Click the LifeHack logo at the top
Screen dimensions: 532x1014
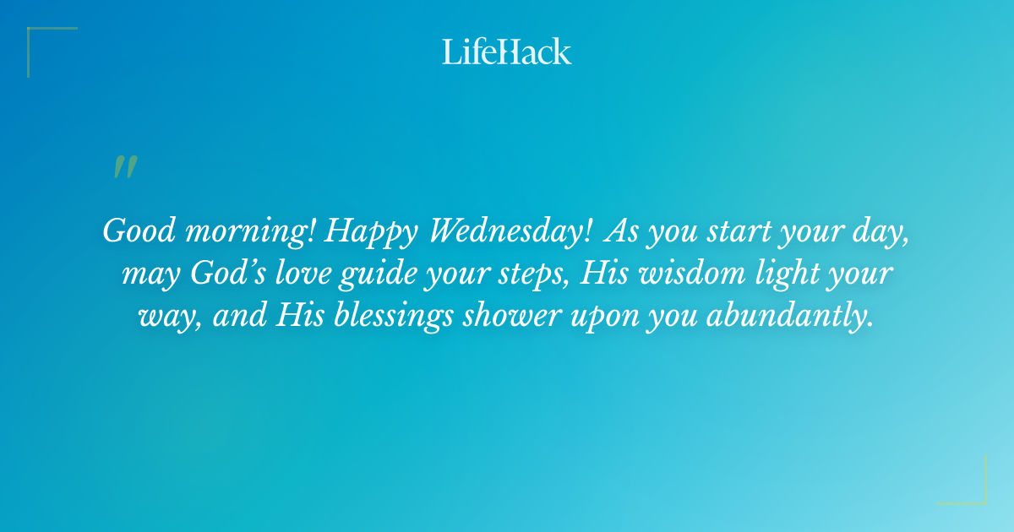point(506,52)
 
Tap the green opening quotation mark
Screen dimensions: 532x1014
point(125,167)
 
